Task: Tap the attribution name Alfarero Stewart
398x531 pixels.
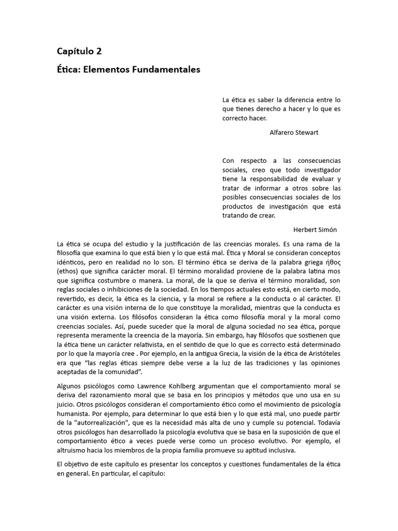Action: point(294,132)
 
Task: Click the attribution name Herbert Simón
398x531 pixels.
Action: point(315,230)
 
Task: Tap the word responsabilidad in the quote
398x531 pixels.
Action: point(276,179)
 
